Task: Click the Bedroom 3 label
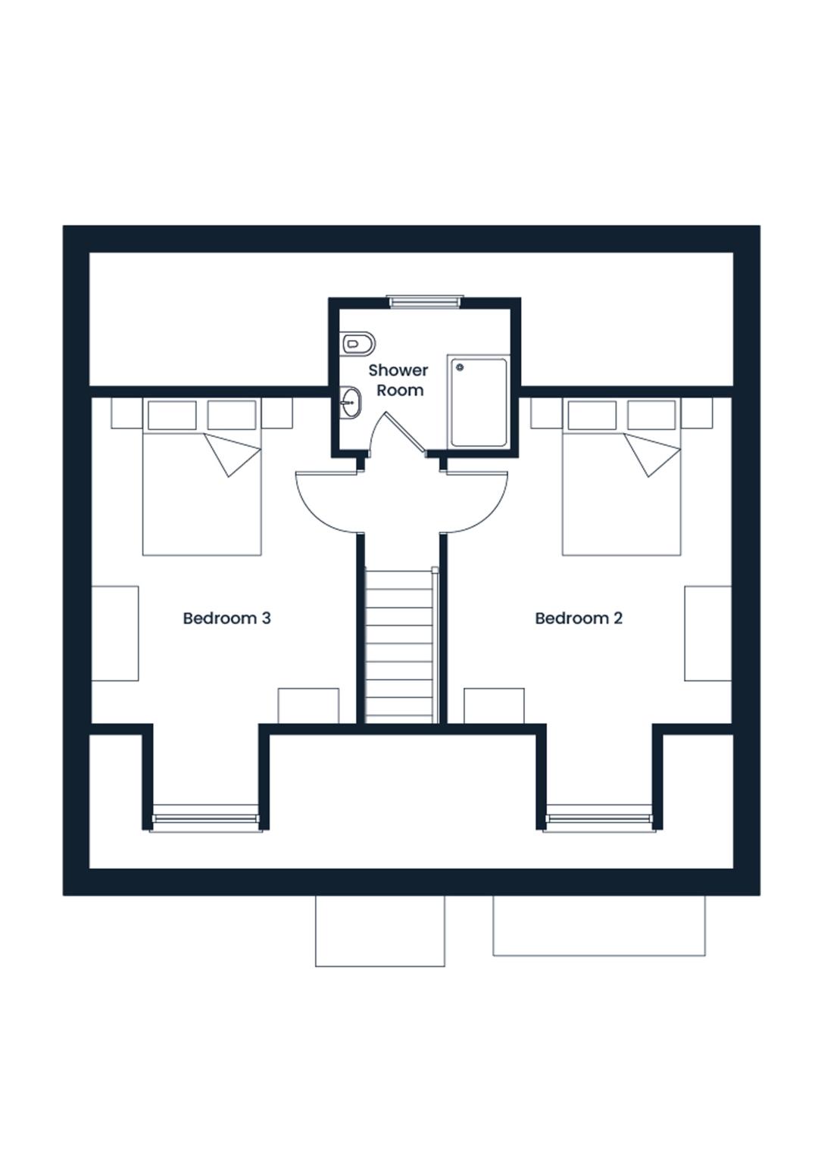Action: coord(226,619)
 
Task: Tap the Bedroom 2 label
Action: coord(579,619)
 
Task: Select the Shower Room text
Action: coord(398,380)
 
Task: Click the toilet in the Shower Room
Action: coord(357,343)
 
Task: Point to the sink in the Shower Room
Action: coord(351,403)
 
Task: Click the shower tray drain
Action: coord(461,367)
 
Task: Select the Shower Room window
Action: coord(423,301)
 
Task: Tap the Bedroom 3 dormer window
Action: coord(205,819)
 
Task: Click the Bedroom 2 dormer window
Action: coord(600,819)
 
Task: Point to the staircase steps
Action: coord(399,646)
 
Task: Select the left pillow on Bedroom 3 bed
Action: coord(172,415)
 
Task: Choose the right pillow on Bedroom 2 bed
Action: coord(651,415)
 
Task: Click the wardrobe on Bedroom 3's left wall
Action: coord(114,633)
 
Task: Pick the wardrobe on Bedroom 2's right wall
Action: coord(708,633)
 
